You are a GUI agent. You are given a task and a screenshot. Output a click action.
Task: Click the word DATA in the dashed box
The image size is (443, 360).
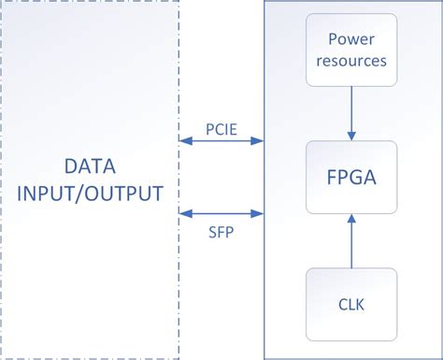pos(89,168)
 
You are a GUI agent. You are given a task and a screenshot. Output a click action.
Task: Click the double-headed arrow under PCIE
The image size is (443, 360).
pos(221,142)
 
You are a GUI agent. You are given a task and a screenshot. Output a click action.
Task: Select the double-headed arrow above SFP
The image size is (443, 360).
pos(221,213)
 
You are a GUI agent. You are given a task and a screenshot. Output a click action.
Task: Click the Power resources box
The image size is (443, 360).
pos(351,50)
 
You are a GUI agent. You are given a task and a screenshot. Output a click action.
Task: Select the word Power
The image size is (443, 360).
pos(351,40)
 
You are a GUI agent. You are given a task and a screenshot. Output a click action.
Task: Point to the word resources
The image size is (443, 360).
pos(351,61)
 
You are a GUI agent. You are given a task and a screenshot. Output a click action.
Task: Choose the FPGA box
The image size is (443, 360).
pos(351,177)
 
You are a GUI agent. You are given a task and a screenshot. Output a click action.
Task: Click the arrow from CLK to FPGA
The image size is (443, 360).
pos(351,241)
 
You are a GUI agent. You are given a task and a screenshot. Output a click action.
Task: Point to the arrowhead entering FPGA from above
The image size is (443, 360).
pos(351,136)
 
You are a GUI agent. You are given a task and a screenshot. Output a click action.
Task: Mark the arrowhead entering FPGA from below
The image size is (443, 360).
pos(351,218)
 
